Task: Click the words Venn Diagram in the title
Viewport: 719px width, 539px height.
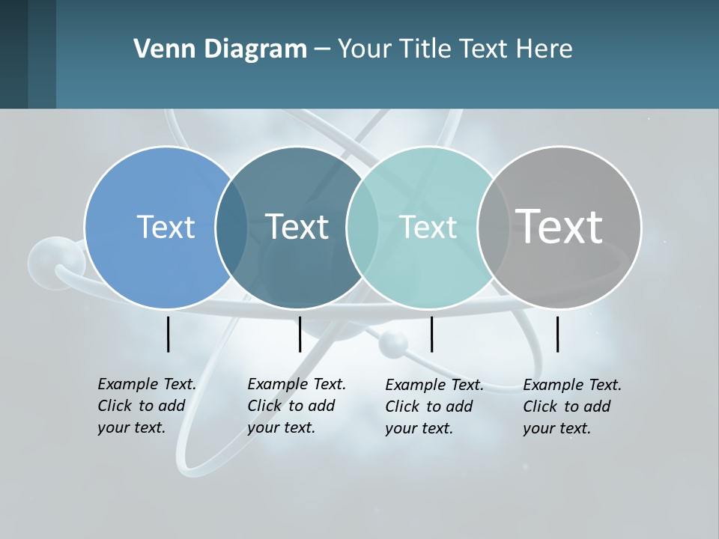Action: coord(220,49)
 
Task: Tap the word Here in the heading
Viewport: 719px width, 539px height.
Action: coord(544,49)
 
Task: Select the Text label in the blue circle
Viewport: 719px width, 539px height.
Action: coord(166,227)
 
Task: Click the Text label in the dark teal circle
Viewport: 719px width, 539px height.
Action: coord(297,227)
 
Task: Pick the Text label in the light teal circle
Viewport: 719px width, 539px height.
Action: coord(428,228)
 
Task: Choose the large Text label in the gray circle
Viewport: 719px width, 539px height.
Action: coord(559,226)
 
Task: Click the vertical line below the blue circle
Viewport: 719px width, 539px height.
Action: coord(169,334)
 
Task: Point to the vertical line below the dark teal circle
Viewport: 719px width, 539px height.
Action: coord(300,334)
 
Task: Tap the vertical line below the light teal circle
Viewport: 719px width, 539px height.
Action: coord(431,334)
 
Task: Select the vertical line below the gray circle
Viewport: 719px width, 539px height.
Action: coord(557,334)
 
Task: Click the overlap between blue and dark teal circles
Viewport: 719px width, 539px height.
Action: coord(231,228)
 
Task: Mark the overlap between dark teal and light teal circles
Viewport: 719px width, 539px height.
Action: coord(362,228)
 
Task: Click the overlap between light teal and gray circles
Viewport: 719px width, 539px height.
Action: coord(493,228)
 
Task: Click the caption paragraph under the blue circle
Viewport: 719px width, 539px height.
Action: coord(147,406)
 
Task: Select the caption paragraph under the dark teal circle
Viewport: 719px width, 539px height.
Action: coord(297,406)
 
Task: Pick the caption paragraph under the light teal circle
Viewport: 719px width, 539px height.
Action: coord(434,406)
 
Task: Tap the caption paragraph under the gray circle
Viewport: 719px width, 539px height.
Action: coord(572,406)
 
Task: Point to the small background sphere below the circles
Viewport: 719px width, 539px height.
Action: coord(393,344)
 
